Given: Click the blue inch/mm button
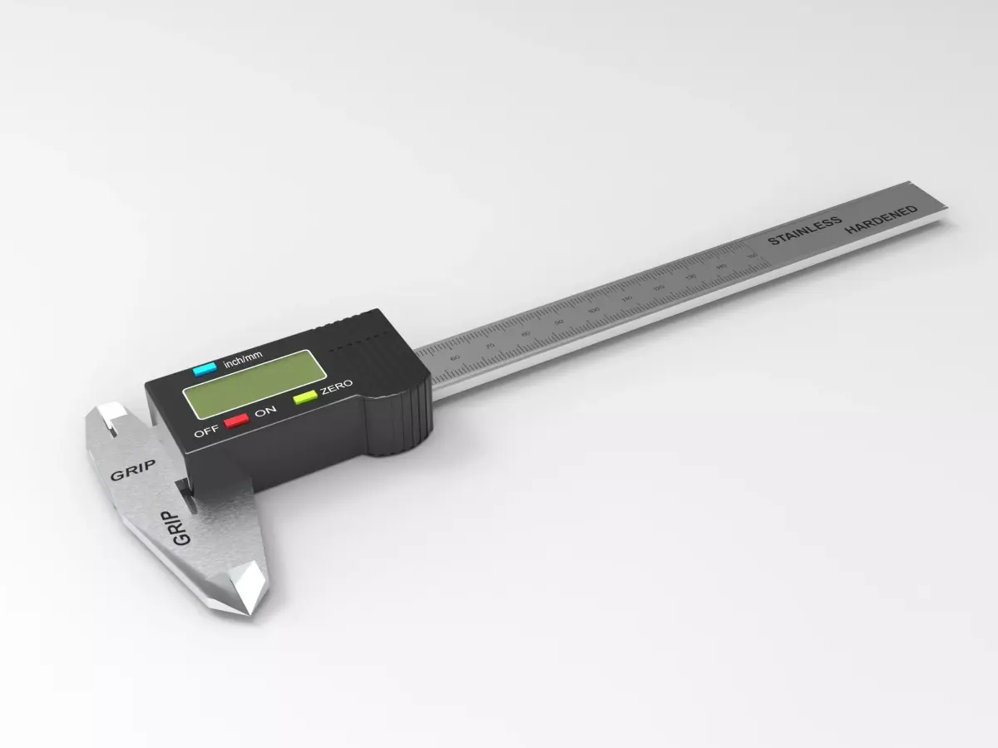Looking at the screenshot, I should coord(205,369).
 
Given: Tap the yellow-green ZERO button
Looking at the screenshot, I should coord(304,397).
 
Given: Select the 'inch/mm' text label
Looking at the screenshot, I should coord(243,358).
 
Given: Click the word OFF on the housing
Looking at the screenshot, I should coord(205,432).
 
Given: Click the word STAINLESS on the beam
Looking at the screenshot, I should coord(804,230).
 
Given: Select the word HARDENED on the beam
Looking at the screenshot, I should coord(882,219).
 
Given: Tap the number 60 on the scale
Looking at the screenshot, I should coord(454,357).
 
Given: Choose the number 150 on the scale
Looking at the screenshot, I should coord(753,256).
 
